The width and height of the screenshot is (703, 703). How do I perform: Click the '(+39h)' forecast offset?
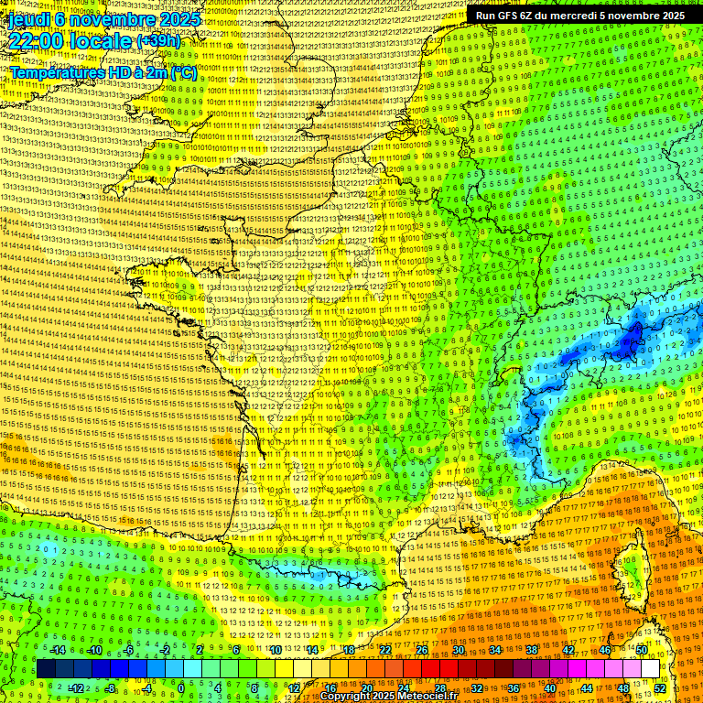(x=158, y=41)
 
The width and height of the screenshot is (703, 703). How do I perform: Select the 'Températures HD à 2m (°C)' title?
(x=103, y=72)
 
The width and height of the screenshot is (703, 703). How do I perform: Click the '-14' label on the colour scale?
(x=58, y=650)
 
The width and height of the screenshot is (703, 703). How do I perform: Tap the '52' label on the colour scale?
(x=660, y=687)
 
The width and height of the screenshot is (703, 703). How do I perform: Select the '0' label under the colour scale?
(x=181, y=687)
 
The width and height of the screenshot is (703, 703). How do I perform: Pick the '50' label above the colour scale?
(x=642, y=650)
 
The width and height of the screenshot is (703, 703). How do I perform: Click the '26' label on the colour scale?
(x=422, y=650)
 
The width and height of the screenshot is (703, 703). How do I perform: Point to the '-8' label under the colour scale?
(x=111, y=687)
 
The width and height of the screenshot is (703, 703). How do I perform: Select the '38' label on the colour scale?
(x=531, y=650)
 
